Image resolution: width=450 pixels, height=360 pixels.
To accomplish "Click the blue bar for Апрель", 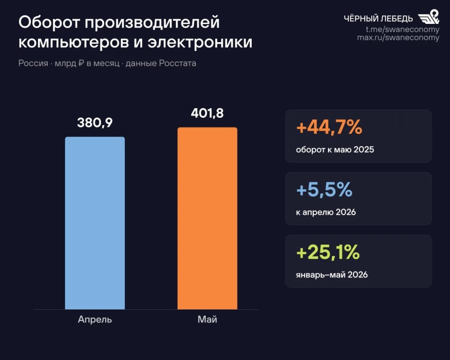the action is pyautogui.click(x=95, y=223).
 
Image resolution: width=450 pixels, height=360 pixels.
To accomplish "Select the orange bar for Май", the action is pyautogui.click(x=208, y=218).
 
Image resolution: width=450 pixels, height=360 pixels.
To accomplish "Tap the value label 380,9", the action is pyautogui.click(x=95, y=123).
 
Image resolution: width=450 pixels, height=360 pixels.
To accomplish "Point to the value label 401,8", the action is pyautogui.click(x=207, y=113).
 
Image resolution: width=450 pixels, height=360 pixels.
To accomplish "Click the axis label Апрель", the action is pyautogui.click(x=95, y=320).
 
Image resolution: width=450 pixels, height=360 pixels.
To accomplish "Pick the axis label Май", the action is pyautogui.click(x=208, y=319).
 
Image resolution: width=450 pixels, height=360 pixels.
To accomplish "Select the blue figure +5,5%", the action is pyautogui.click(x=324, y=190).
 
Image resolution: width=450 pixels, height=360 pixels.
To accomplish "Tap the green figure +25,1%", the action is pyautogui.click(x=328, y=252).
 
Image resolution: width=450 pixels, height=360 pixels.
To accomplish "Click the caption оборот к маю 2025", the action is pyautogui.click(x=335, y=150).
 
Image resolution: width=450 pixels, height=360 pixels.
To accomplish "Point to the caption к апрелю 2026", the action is pyautogui.click(x=326, y=212).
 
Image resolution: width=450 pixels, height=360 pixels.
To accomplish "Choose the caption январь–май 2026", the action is pyautogui.click(x=332, y=275).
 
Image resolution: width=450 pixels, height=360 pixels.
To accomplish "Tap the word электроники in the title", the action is pyautogui.click(x=200, y=42).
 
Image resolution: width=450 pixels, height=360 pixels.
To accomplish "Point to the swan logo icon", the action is pyautogui.click(x=428, y=17).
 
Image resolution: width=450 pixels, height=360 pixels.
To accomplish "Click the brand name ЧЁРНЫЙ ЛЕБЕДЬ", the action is pyautogui.click(x=378, y=19).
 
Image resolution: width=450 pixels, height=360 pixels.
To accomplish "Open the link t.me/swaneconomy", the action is pyautogui.click(x=402, y=29).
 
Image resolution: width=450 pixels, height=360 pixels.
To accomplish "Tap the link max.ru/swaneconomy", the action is pyautogui.click(x=398, y=37).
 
